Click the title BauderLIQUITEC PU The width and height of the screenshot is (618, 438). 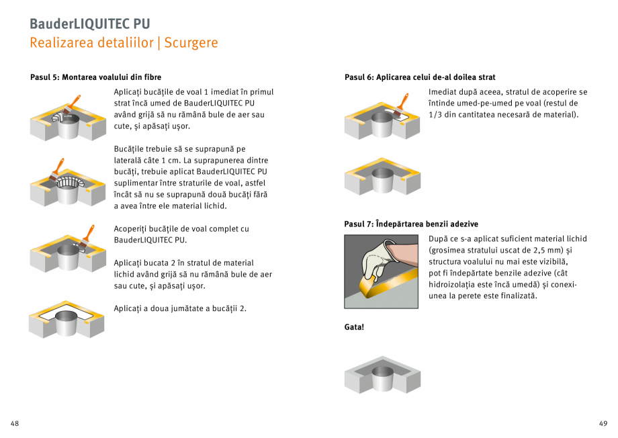tap(89, 24)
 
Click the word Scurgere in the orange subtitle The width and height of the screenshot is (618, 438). tap(191, 43)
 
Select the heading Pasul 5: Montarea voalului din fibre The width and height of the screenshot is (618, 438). tap(96, 77)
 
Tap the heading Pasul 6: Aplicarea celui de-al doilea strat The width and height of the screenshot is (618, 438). tap(420, 77)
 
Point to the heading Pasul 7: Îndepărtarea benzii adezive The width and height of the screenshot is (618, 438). tap(411, 224)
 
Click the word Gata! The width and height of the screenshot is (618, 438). tap(354, 327)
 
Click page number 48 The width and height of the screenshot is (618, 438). tap(15, 423)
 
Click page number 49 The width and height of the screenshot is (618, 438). tap(603, 423)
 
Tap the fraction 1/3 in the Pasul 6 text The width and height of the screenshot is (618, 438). tap(435, 115)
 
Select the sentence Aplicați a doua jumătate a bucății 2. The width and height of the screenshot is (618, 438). tap(180, 308)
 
